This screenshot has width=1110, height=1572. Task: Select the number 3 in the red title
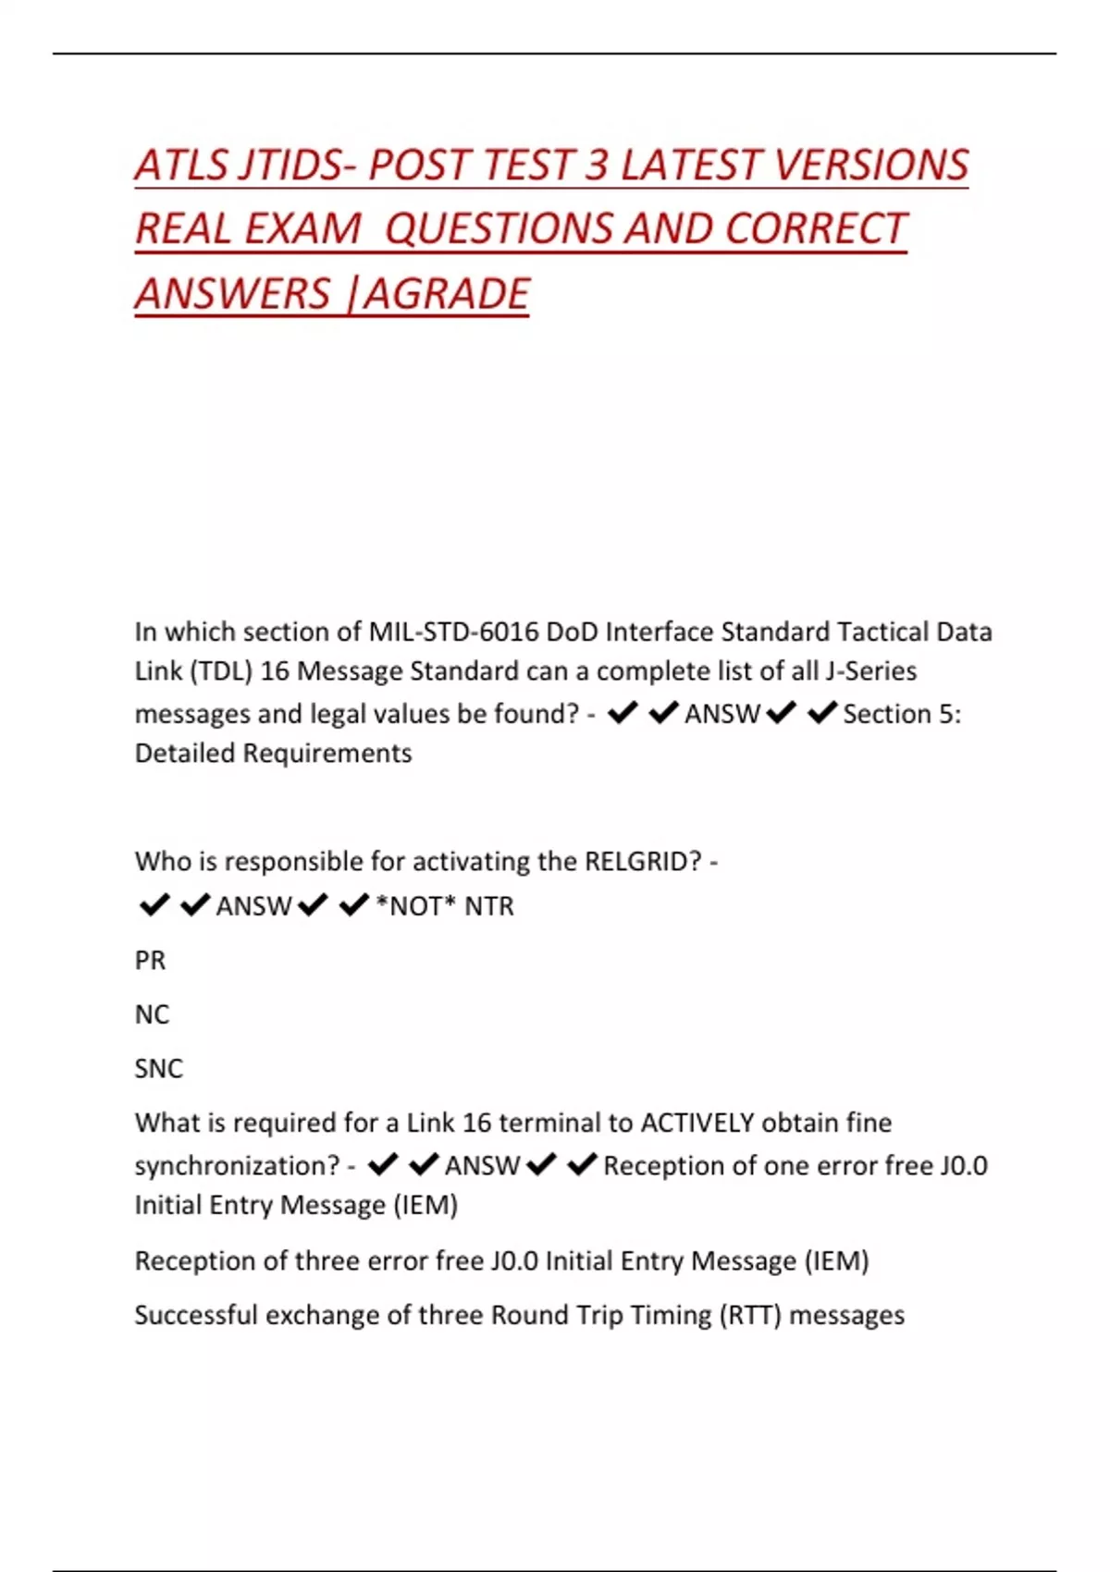coord(597,166)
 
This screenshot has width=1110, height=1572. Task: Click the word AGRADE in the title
coord(446,294)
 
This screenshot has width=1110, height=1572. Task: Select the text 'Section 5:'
coord(902,714)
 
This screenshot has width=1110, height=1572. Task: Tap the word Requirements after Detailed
coord(327,754)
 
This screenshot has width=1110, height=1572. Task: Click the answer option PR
coord(150,961)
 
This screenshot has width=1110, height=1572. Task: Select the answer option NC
coord(152,1014)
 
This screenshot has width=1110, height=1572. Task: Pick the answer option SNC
coord(158,1069)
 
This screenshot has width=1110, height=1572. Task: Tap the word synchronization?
coord(237,1166)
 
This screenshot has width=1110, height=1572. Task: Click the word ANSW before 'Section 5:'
coord(721,714)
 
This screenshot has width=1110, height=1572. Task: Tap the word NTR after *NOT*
coord(488,906)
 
